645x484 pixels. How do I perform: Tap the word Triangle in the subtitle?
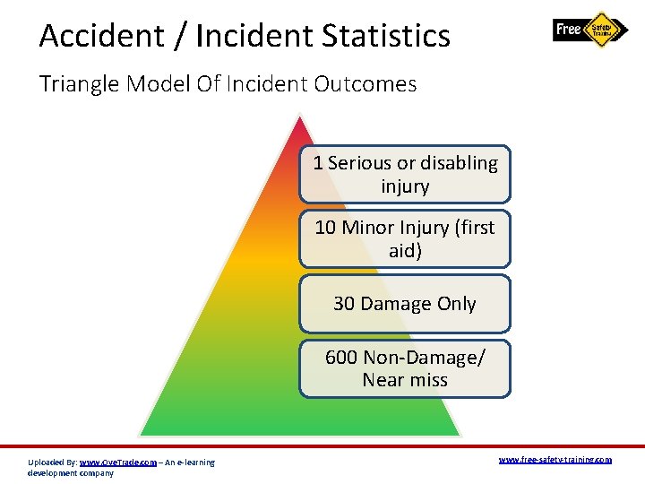[79, 84]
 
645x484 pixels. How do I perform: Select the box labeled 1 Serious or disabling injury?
[405, 175]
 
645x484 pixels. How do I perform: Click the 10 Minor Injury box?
[405, 239]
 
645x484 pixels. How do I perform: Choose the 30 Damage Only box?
[405, 304]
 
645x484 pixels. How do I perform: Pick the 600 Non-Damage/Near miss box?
[405, 368]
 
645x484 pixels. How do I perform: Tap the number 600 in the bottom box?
[341, 358]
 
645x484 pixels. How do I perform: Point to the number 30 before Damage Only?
[344, 304]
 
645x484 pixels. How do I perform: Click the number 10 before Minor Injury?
[325, 228]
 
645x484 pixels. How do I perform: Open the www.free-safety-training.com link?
[555, 460]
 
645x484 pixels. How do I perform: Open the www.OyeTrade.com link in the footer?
[117, 462]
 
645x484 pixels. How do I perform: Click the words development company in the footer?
[71, 473]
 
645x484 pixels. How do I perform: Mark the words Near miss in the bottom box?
[405, 380]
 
